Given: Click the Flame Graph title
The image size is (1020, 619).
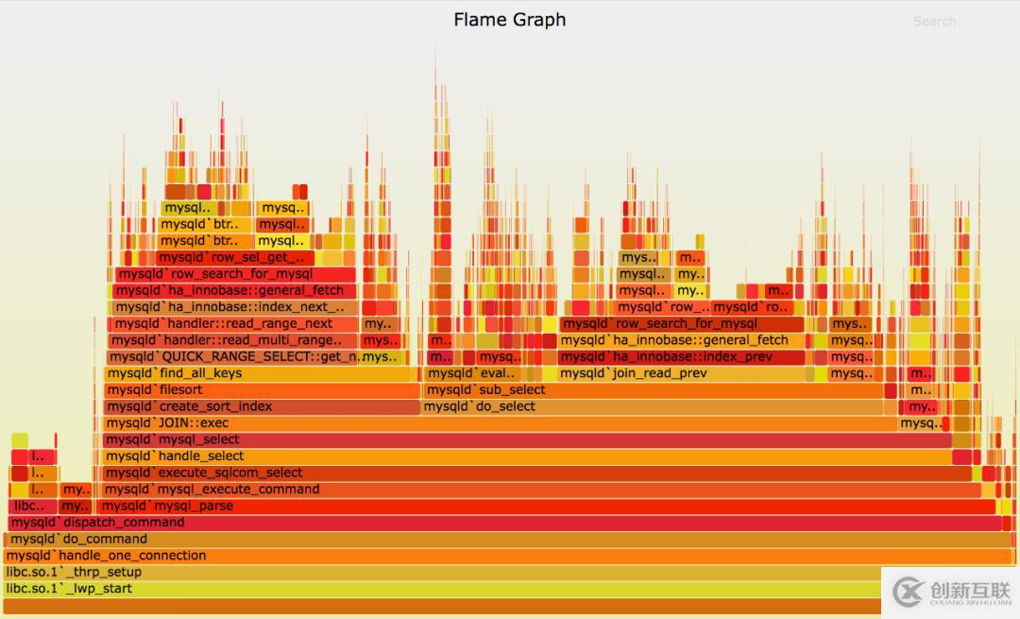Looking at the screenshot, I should (509, 20).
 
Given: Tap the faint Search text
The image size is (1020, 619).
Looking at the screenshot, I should (934, 22).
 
